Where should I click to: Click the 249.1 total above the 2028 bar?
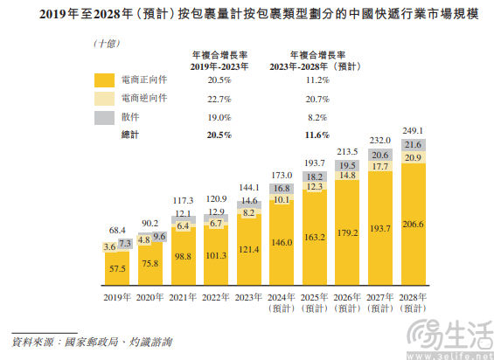[414, 129]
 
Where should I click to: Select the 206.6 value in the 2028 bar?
[414, 225]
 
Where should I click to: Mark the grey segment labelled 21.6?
[414, 144]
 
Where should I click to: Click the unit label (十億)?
[108, 42]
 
